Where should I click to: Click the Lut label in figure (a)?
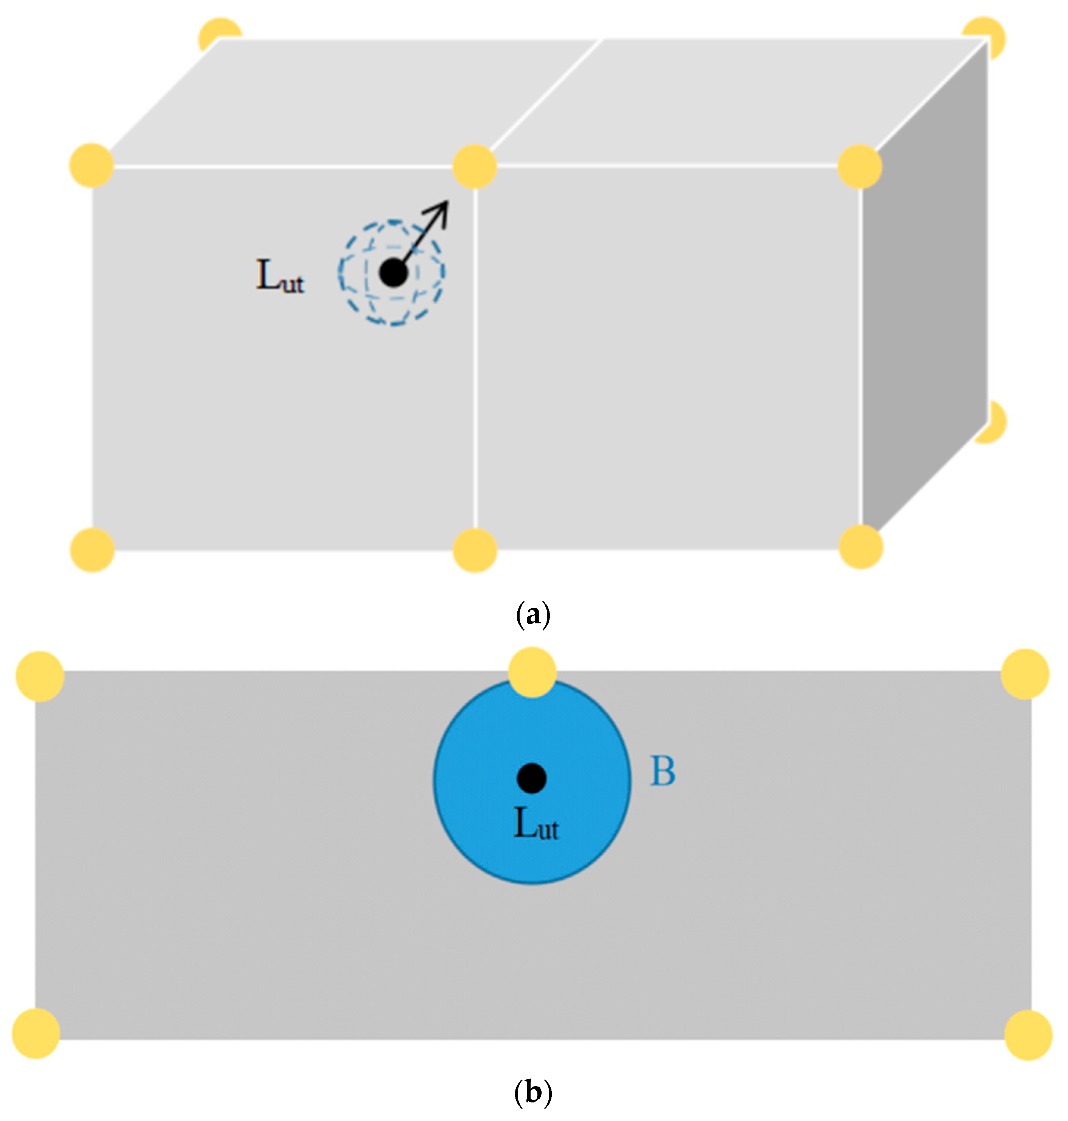coord(280,277)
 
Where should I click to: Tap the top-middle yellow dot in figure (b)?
coord(532,672)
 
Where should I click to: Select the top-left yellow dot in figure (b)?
coord(40,676)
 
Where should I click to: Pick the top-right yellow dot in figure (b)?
coord(1025,673)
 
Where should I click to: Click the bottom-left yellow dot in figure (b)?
coord(36,1033)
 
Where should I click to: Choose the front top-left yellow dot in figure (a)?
coord(92,165)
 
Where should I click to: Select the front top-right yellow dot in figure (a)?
coord(860,167)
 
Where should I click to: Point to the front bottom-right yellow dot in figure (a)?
coord(861,546)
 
